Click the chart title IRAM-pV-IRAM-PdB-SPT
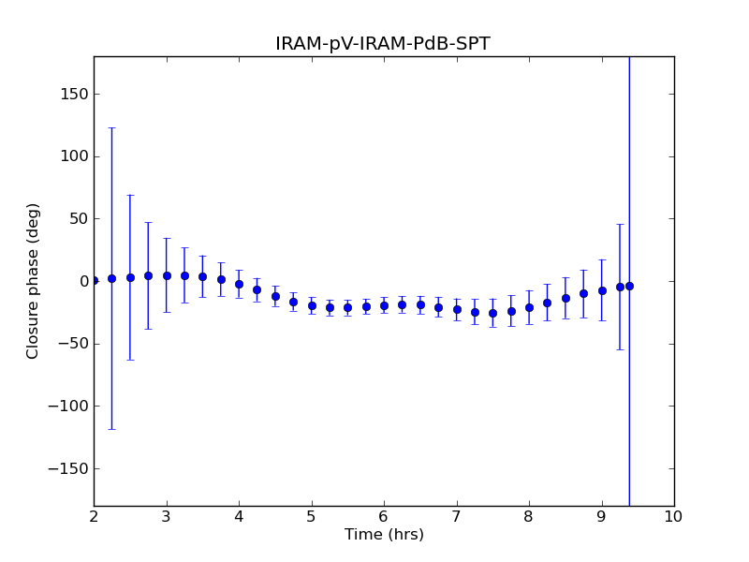[383, 44]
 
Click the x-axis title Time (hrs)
[384, 535]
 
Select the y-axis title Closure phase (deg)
[34, 281]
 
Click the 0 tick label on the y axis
[81, 281]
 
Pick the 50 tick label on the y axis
[77, 218]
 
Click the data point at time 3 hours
[167, 275]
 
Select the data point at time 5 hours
[312, 305]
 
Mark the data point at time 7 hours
[457, 309]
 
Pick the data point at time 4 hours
[239, 284]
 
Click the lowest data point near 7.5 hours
[492, 313]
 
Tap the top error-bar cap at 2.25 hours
[111, 127]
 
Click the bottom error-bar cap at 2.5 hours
[130, 360]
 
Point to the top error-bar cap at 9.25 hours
[620, 224]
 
